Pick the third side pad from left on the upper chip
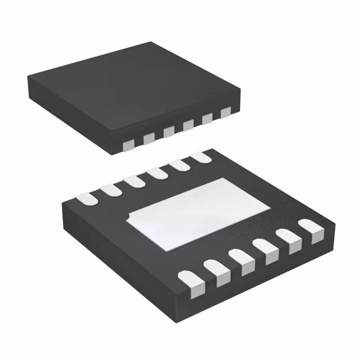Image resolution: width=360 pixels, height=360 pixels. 169,131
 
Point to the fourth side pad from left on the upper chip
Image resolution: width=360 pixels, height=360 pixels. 188,125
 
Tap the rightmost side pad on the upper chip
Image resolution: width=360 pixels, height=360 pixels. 226,112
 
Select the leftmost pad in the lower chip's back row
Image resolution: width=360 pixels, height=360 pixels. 84,199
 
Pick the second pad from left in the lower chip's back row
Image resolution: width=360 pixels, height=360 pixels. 110,190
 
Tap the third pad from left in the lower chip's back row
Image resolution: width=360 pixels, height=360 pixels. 134,181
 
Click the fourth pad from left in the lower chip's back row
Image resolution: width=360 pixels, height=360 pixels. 157,173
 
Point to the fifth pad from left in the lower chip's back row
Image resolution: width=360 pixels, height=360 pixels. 179,165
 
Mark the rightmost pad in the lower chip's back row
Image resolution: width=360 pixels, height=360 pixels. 200,158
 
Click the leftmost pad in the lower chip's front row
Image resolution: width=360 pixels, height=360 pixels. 190,280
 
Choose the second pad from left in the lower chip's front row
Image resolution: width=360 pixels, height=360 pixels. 217,268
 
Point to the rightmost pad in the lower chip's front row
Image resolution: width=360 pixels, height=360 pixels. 310,228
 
